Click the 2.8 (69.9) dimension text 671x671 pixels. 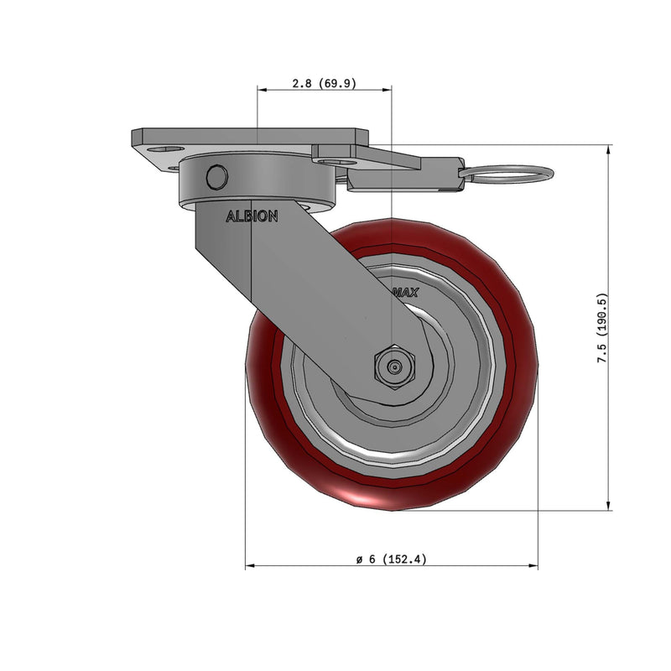click(323, 83)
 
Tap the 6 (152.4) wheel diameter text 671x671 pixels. click(398, 559)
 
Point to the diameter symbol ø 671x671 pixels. click(358, 559)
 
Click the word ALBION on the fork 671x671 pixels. click(252, 216)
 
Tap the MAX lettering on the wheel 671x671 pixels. click(406, 293)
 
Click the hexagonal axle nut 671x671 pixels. click(393, 367)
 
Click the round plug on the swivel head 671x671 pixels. click(216, 177)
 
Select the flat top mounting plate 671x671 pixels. click(252, 136)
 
